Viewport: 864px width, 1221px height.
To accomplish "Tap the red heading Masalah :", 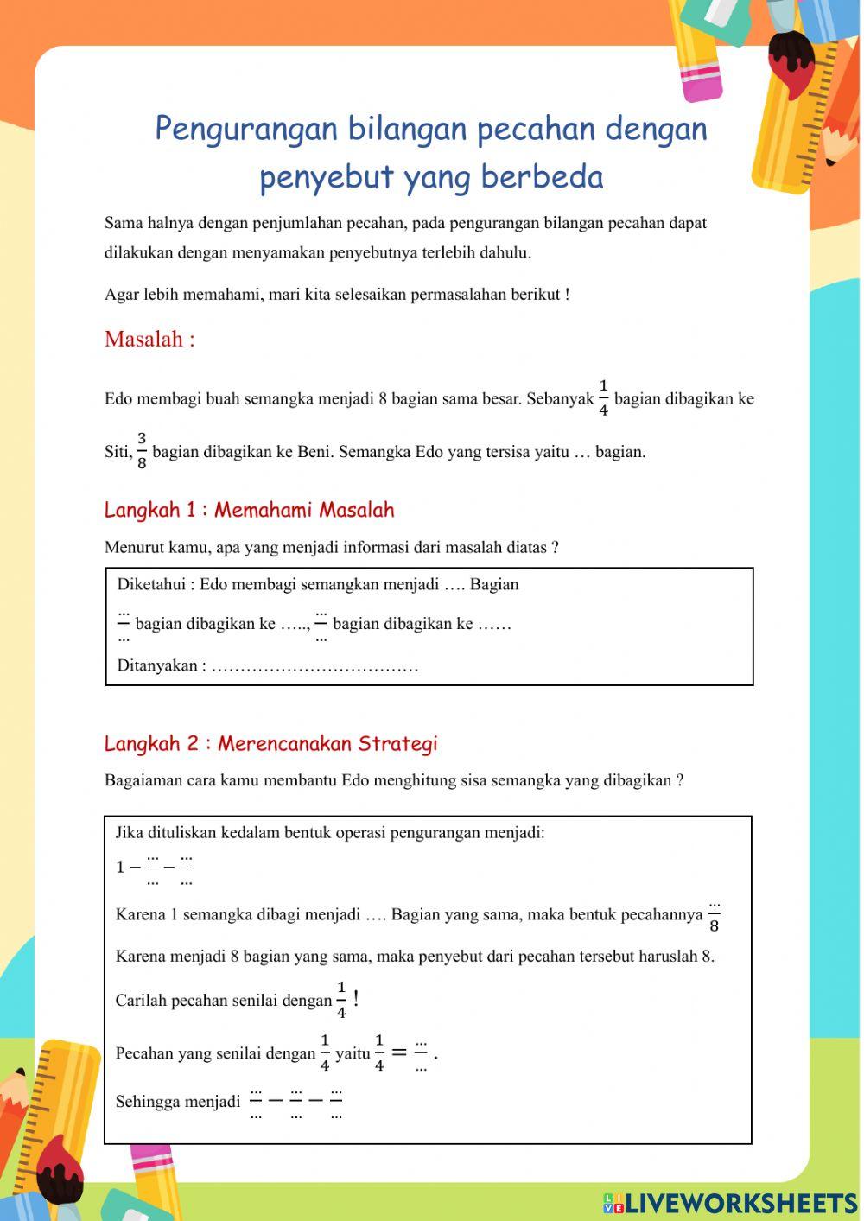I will pyautogui.click(x=149, y=339).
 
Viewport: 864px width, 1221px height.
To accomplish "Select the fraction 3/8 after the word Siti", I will pyautogui.click(x=142, y=450).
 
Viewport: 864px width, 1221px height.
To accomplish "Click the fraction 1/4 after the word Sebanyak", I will pyautogui.click(x=603, y=397).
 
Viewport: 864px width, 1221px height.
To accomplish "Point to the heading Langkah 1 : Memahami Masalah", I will pyautogui.click(x=249, y=510).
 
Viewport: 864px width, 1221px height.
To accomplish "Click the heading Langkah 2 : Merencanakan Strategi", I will pyautogui.click(x=270, y=743).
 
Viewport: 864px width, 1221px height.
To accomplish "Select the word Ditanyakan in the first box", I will pyautogui.click(x=157, y=665).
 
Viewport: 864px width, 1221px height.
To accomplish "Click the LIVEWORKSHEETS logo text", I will pyautogui.click(x=740, y=1202).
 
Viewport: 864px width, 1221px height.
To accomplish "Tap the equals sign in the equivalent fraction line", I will pyautogui.click(x=398, y=1052).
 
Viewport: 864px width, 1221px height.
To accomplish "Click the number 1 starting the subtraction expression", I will pyautogui.click(x=121, y=867).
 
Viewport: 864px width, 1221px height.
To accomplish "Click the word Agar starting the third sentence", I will pyautogui.click(x=121, y=294).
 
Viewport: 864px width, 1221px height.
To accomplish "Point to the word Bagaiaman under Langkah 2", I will pyautogui.click(x=143, y=780).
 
